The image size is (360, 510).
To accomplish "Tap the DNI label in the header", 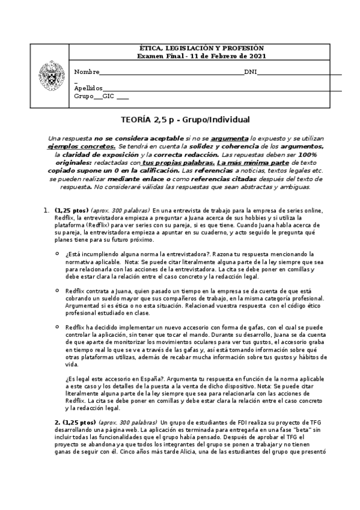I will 251,72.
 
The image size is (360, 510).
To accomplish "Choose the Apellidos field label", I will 88,88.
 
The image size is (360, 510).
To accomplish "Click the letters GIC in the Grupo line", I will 109,96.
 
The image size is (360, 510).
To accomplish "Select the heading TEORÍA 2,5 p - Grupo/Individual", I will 179,120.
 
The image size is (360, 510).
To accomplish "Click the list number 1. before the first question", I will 46,210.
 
